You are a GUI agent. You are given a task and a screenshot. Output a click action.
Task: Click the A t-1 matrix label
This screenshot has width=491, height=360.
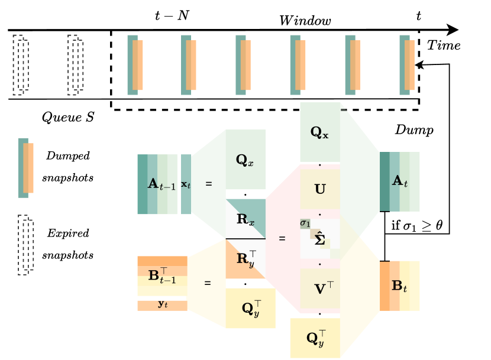(x=161, y=184)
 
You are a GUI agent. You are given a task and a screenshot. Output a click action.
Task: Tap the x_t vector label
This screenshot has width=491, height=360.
(x=186, y=184)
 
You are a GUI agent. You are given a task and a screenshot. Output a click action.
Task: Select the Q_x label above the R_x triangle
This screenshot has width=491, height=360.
(x=244, y=160)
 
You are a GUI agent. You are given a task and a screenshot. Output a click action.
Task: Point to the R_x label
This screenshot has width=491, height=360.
(x=245, y=220)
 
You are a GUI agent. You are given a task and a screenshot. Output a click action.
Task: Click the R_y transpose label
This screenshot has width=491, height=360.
(x=246, y=258)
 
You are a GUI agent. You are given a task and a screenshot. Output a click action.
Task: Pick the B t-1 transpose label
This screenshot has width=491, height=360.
(x=161, y=275)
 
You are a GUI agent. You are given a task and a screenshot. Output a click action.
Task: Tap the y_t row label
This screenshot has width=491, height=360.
(x=163, y=304)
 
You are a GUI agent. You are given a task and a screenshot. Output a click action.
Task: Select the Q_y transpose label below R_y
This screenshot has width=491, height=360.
(x=251, y=308)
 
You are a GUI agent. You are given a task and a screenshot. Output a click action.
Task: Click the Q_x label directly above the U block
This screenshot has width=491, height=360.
(x=319, y=132)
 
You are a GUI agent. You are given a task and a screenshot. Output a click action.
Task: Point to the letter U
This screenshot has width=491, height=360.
(x=320, y=190)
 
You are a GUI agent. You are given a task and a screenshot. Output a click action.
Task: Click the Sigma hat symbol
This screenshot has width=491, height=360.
(x=320, y=239)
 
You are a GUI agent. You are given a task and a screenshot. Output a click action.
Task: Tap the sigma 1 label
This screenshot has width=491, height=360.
(x=305, y=223)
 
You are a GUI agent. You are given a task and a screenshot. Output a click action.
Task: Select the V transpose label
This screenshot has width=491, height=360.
(x=323, y=288)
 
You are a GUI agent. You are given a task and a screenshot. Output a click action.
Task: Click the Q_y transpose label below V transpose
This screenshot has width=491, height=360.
(x=316, y=338)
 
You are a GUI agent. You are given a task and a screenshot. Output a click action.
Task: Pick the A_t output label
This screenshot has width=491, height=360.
(x=400, y=181)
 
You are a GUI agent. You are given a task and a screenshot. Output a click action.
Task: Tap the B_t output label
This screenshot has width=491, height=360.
(x=399, y=286)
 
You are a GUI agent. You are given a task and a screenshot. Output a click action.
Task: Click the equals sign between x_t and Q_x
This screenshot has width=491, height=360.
(x=208, y=184)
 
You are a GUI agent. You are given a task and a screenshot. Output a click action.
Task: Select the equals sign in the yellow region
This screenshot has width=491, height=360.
(x=207, y=283)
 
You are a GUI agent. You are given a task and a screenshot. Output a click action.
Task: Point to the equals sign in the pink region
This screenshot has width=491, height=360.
(x=282, y=239)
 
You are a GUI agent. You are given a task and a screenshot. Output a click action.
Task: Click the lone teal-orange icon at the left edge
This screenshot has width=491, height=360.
(x=26, y=168)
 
